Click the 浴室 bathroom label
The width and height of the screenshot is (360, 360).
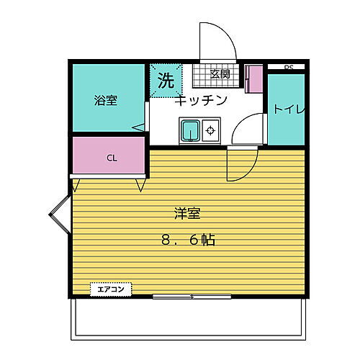[x=106, y=100]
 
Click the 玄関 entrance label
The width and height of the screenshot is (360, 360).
[x=220, y=73]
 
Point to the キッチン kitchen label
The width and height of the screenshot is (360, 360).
[x=201, y=100]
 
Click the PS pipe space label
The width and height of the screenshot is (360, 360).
[x=289, y=68]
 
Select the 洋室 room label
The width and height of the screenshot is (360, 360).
[x=186, y=213]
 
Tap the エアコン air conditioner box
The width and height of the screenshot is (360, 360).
[x=111, y=289]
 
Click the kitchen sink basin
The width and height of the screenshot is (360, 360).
[x=191, y=131]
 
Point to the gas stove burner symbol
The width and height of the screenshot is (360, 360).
[x=211, y=131]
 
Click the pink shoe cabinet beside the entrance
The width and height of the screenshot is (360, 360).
[x=254, y=78]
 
